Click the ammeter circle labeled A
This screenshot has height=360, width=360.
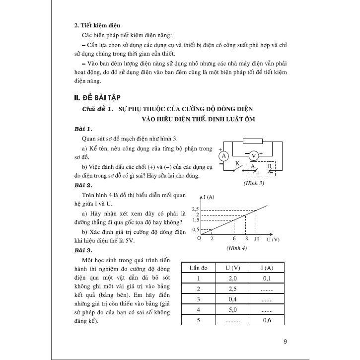[x=223, y=156]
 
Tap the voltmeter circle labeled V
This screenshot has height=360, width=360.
[x=254, y=155]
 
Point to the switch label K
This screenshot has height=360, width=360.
[x=238, y=163]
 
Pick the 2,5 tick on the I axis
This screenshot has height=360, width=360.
[x=194, y=209]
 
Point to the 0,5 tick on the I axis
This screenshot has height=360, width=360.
[x=194, y=229]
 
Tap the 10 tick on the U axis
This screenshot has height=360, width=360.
[x=256, y=239]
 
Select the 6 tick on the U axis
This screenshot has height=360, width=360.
[x=232, y=239]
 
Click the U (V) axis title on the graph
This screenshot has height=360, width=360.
[x=273, y=239]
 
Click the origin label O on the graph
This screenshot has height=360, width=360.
[x=198, y=239]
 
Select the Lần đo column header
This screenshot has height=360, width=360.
[x=198, y=267]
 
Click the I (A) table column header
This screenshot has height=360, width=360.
[x=267, y=267]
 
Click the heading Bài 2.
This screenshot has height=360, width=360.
[x=80, y=185]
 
